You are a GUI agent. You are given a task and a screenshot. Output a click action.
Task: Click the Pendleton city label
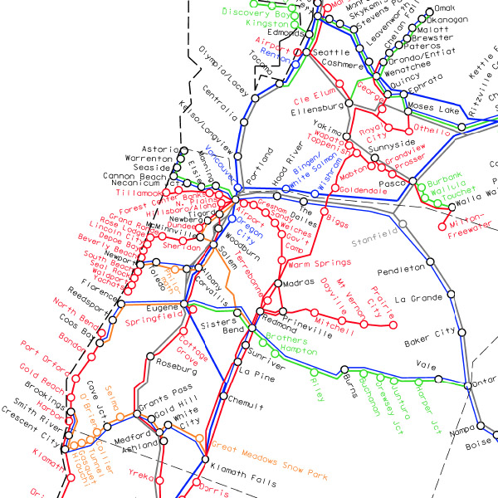[400, 272]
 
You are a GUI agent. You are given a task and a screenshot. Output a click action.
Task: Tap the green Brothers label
[287, 340]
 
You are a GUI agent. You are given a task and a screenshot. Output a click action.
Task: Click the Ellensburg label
[318, 108]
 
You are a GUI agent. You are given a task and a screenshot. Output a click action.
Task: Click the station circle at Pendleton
[431, 267]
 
